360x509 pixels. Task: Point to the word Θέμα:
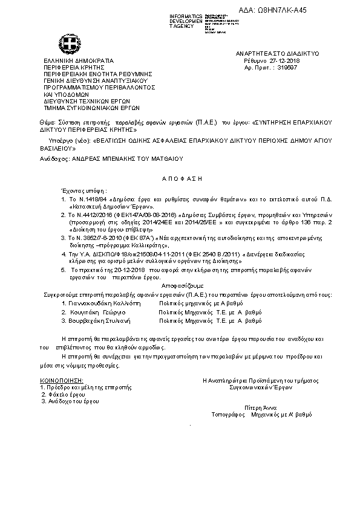coord(46,123)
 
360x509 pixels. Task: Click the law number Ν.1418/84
coord(94,198)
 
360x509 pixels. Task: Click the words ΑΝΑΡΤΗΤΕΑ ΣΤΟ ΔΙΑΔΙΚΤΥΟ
coord(269,54)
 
